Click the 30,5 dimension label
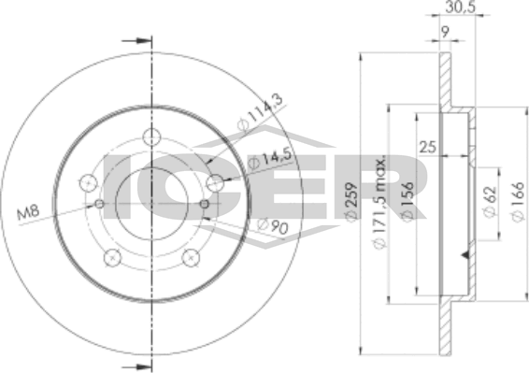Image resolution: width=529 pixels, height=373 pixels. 460,7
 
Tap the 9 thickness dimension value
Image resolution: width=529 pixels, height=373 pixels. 445,33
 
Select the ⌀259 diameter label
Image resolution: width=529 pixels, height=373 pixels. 351,202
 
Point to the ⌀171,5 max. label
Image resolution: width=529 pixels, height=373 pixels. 379,203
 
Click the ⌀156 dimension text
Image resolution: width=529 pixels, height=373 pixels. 407,202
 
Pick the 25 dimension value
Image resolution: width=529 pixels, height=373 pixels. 427,147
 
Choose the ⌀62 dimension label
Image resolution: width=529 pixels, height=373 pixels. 490,202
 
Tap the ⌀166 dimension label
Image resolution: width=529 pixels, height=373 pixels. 518,202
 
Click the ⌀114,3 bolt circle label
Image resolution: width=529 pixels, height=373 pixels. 260,113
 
